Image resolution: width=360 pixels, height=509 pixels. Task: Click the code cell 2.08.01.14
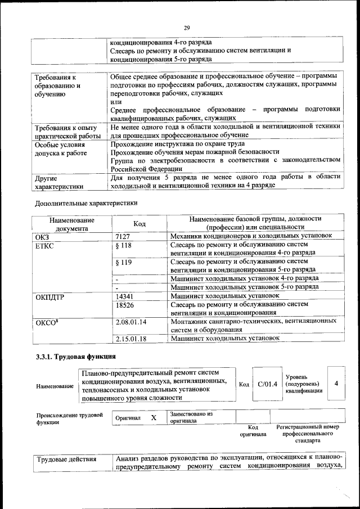click(x=130, y=322)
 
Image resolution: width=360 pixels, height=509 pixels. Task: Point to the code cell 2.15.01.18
click(x=130, y=339)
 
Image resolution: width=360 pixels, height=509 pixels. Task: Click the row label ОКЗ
click(x=43, y=236)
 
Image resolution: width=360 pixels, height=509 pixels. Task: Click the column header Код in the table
click(x=139, y=224)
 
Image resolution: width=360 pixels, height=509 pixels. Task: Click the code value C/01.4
click(x=267, y=385)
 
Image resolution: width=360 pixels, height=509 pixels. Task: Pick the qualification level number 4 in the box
click(x=336, y=384)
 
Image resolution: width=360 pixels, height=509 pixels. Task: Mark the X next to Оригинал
click(x=153, y=418)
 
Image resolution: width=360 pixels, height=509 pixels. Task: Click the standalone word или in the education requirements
click(x=116, y=101)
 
